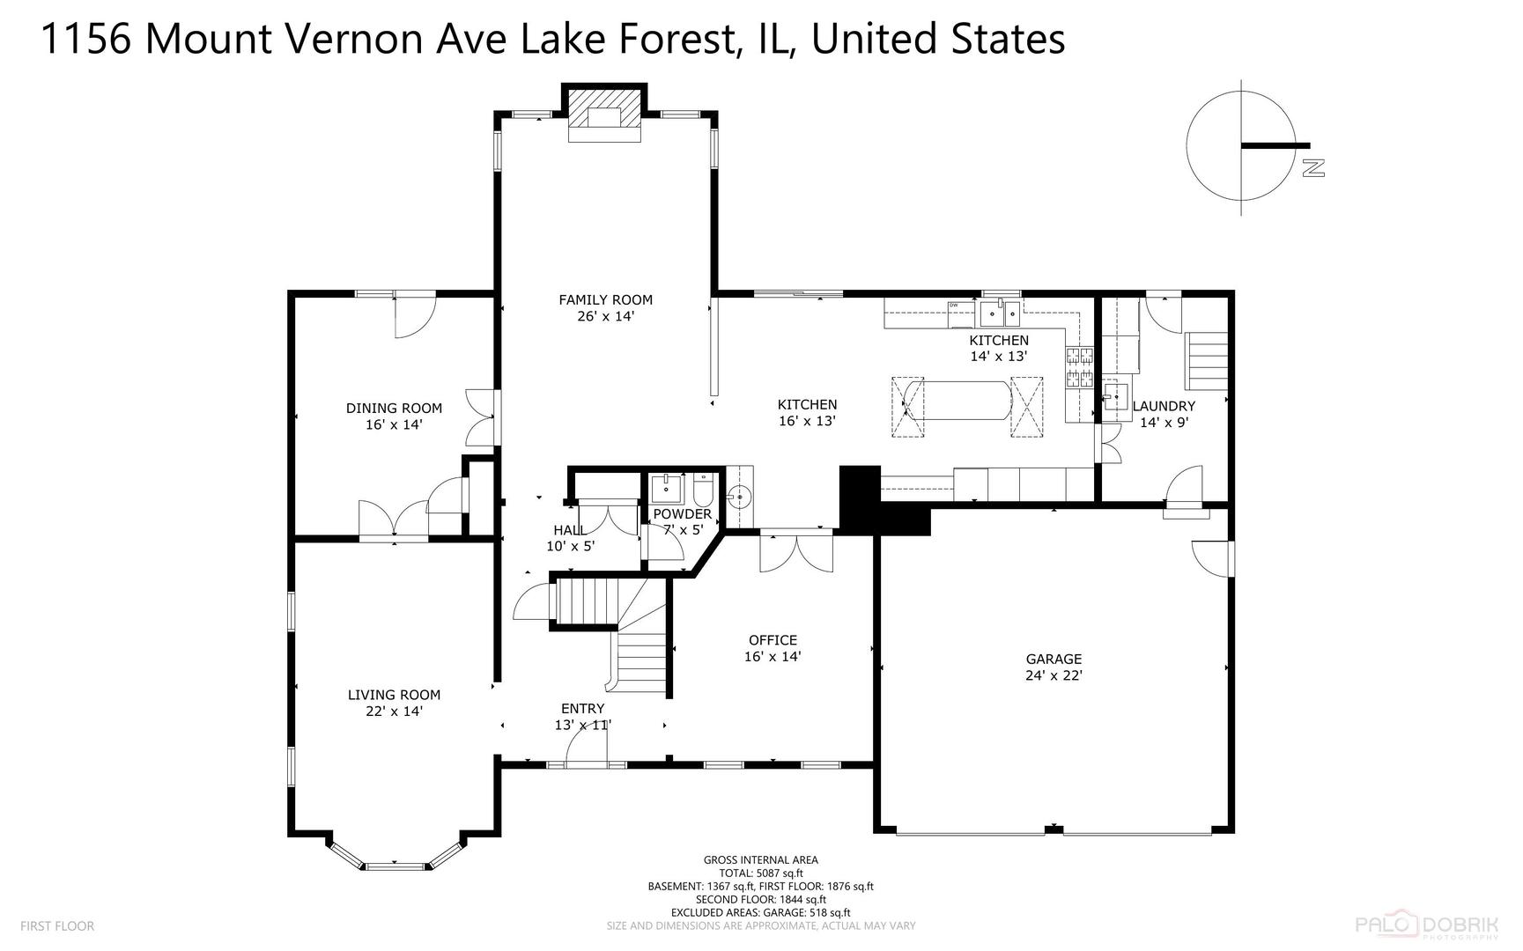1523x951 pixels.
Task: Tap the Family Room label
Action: (x=605, y=307)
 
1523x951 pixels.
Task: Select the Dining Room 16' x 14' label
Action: (x=394, y=416)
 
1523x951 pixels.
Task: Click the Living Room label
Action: (x=394, y=703)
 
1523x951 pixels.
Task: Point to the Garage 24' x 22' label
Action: (x=1054, y=667)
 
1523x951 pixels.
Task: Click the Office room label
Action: (x=773, y=648)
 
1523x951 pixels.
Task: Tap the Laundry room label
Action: (x=1164, y=414)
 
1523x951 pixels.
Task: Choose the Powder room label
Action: (x=682, y=521)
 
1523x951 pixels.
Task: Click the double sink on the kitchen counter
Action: (x=1000, y=311)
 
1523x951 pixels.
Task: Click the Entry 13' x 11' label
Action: (x=582, y=717)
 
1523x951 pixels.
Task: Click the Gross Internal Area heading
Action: (x=760, y=860)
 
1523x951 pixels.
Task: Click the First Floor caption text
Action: (x=56, y=926)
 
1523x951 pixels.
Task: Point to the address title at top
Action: (x=553, y=40)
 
